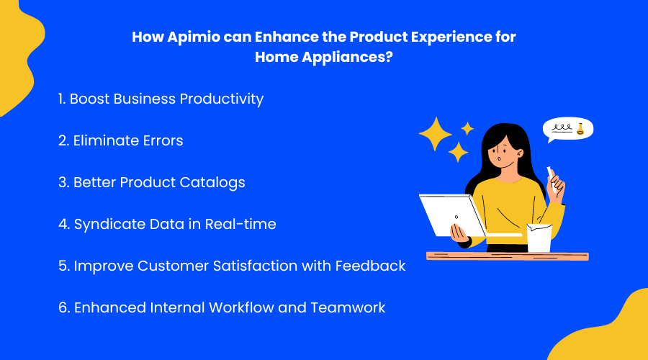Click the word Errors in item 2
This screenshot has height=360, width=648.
[x=161, y=140]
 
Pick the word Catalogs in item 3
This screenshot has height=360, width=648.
[x=215, y=182]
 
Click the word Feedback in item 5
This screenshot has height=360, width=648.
[x=370, y=266]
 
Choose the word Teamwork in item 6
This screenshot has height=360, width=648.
[x=348, y=307]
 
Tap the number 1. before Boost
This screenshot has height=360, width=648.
[x=62, y=99]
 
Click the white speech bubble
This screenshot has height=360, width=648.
[x=567, y=130]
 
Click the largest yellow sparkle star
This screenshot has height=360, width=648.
[x=435, y=133]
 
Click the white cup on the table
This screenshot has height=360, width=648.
[x=539, y=238]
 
